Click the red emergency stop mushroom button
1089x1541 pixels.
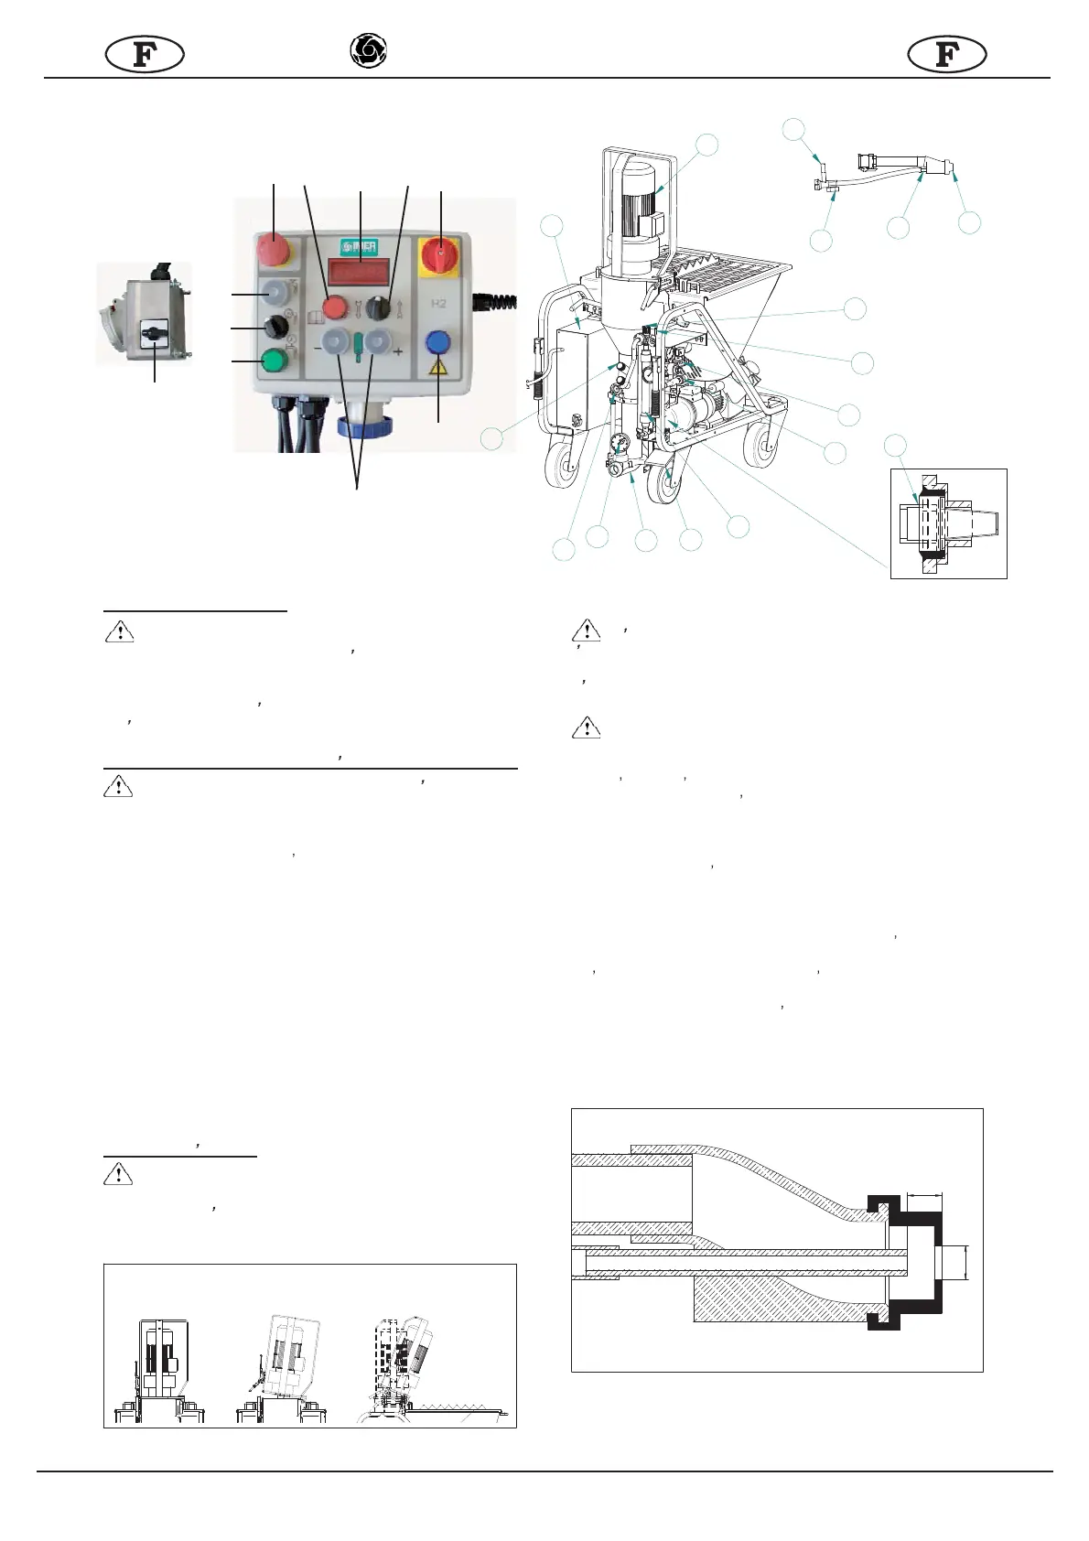coord(273,248)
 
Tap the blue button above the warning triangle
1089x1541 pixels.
coord(439,343)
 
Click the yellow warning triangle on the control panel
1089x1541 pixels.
coord(439,369)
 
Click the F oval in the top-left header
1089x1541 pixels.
coord(145,55)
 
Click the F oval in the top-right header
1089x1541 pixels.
coord(947,55)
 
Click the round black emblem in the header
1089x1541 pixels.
coord(368,50)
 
